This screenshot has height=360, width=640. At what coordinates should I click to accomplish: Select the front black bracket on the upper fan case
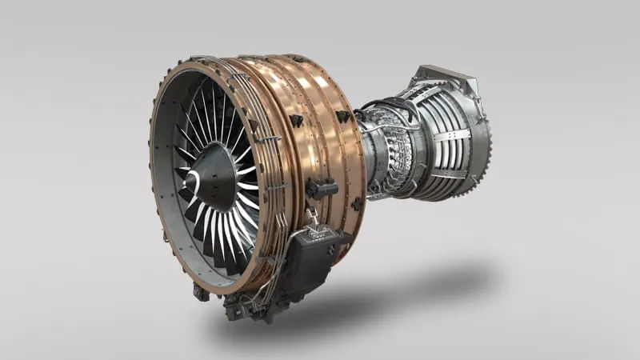296,120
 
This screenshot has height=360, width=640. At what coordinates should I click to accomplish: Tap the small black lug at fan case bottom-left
200,293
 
